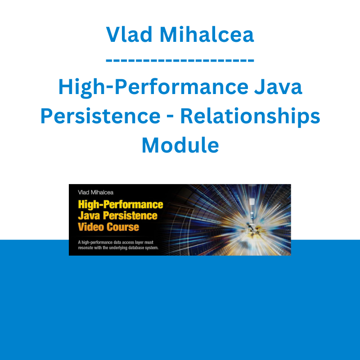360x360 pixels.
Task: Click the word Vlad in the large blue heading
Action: click(129, 35)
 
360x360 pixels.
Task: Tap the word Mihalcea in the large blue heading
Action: click(207, 35)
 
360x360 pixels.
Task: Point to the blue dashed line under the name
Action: click(180, 60)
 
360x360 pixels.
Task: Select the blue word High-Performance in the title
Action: click(153, 87)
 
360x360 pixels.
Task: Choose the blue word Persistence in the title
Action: click(100, 116)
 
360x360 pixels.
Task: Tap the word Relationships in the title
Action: click(250, 117)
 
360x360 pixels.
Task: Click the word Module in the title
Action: click(180, 145)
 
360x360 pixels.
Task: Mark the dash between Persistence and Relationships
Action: click(171, 117)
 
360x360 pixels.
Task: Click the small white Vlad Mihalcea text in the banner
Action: click(96, 193)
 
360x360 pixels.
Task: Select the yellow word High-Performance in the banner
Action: click(121, 205)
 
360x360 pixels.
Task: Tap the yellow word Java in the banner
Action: click(89, 216)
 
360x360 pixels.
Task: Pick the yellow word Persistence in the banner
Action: click(130, 216)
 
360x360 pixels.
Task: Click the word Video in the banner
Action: click(91, 227)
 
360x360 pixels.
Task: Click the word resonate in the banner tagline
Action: click(85, 248)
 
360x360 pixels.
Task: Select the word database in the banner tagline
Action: click(138, 247)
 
